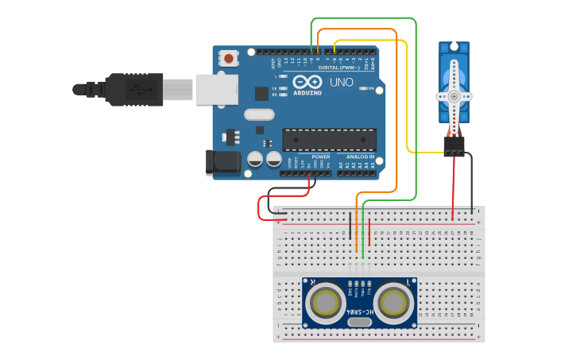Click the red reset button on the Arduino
point(229,58)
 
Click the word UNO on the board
point(341,82)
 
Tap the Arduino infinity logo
point(307,82)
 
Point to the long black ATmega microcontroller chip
point(329,140)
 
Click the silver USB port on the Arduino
point(217,89)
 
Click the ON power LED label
point(370,88)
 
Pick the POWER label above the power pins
point(320,157)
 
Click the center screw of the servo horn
point(454,95)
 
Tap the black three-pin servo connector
point(454,145)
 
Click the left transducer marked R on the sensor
point(326,303)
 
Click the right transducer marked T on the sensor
point(393,303)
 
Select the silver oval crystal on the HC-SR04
point(359,321)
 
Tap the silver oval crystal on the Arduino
point(259,114)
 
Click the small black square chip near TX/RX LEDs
point(261,93)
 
